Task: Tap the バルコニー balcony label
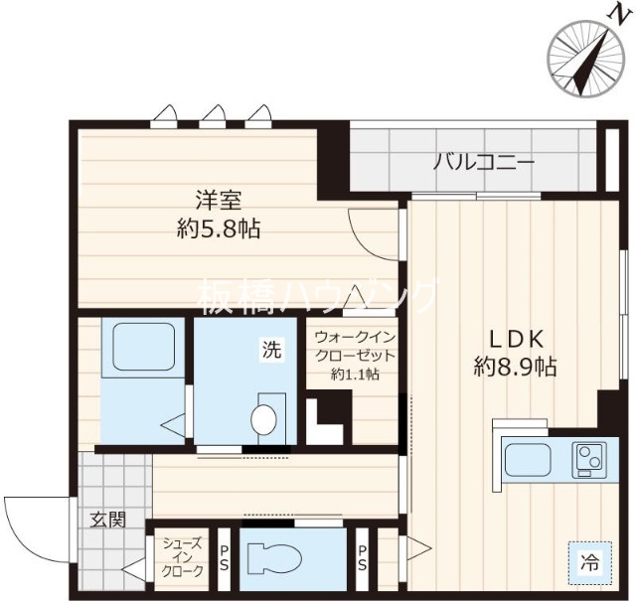(x=483, y=162)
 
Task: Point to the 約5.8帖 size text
(x=218, y=229)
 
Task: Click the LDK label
(x=513, y=336)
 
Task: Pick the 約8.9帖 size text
(x=514, y=367)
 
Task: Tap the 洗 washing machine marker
(x=271, y=349)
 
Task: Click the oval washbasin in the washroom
(x=264, y=419)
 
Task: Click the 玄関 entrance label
(x=109, y=519)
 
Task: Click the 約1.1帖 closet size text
(x=355, y=375)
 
